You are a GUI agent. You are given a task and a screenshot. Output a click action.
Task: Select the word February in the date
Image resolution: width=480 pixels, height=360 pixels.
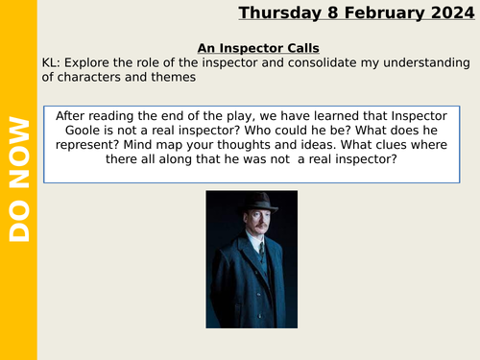click(374, 12)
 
